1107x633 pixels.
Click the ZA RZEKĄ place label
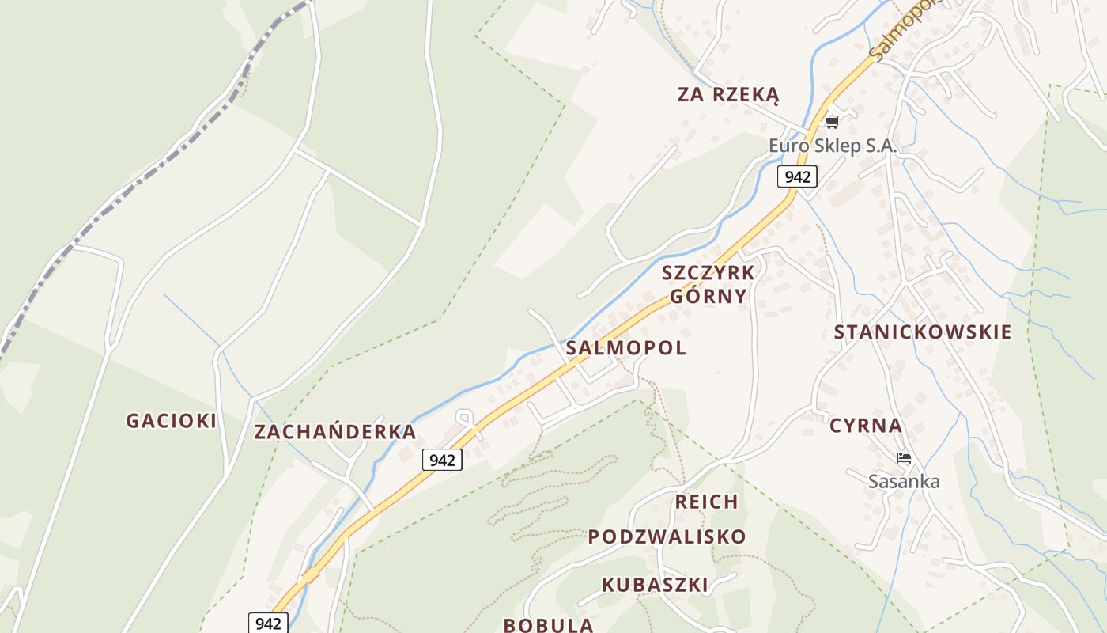click(728, 95)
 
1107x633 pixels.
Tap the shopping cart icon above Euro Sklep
click(831, 122)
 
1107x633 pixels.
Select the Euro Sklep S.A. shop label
click(832, 146)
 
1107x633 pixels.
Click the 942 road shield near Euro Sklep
click(797, 176)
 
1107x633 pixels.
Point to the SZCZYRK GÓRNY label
click(708, 285)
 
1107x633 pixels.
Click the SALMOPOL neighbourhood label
click(626, 348)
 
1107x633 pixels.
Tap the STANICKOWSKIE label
click(923, 332)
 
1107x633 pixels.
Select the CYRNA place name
click(866, 426)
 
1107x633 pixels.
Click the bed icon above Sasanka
click(904, 458)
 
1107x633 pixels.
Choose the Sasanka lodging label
click(904, 481)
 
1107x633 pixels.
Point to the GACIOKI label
click(171, 421)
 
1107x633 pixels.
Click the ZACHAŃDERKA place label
click(334, 432)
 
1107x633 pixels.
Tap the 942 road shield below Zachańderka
click(442, 460)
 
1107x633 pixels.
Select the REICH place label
click(706, 502)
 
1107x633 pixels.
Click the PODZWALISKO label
click(667, 536)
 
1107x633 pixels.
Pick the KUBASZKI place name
click(655, 585)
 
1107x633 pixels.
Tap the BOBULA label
click(548, 624)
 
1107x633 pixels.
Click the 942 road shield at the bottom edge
click(269, 624)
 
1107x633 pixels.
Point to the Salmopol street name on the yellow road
click(905, 32)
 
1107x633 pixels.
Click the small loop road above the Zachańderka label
click(465, 416)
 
